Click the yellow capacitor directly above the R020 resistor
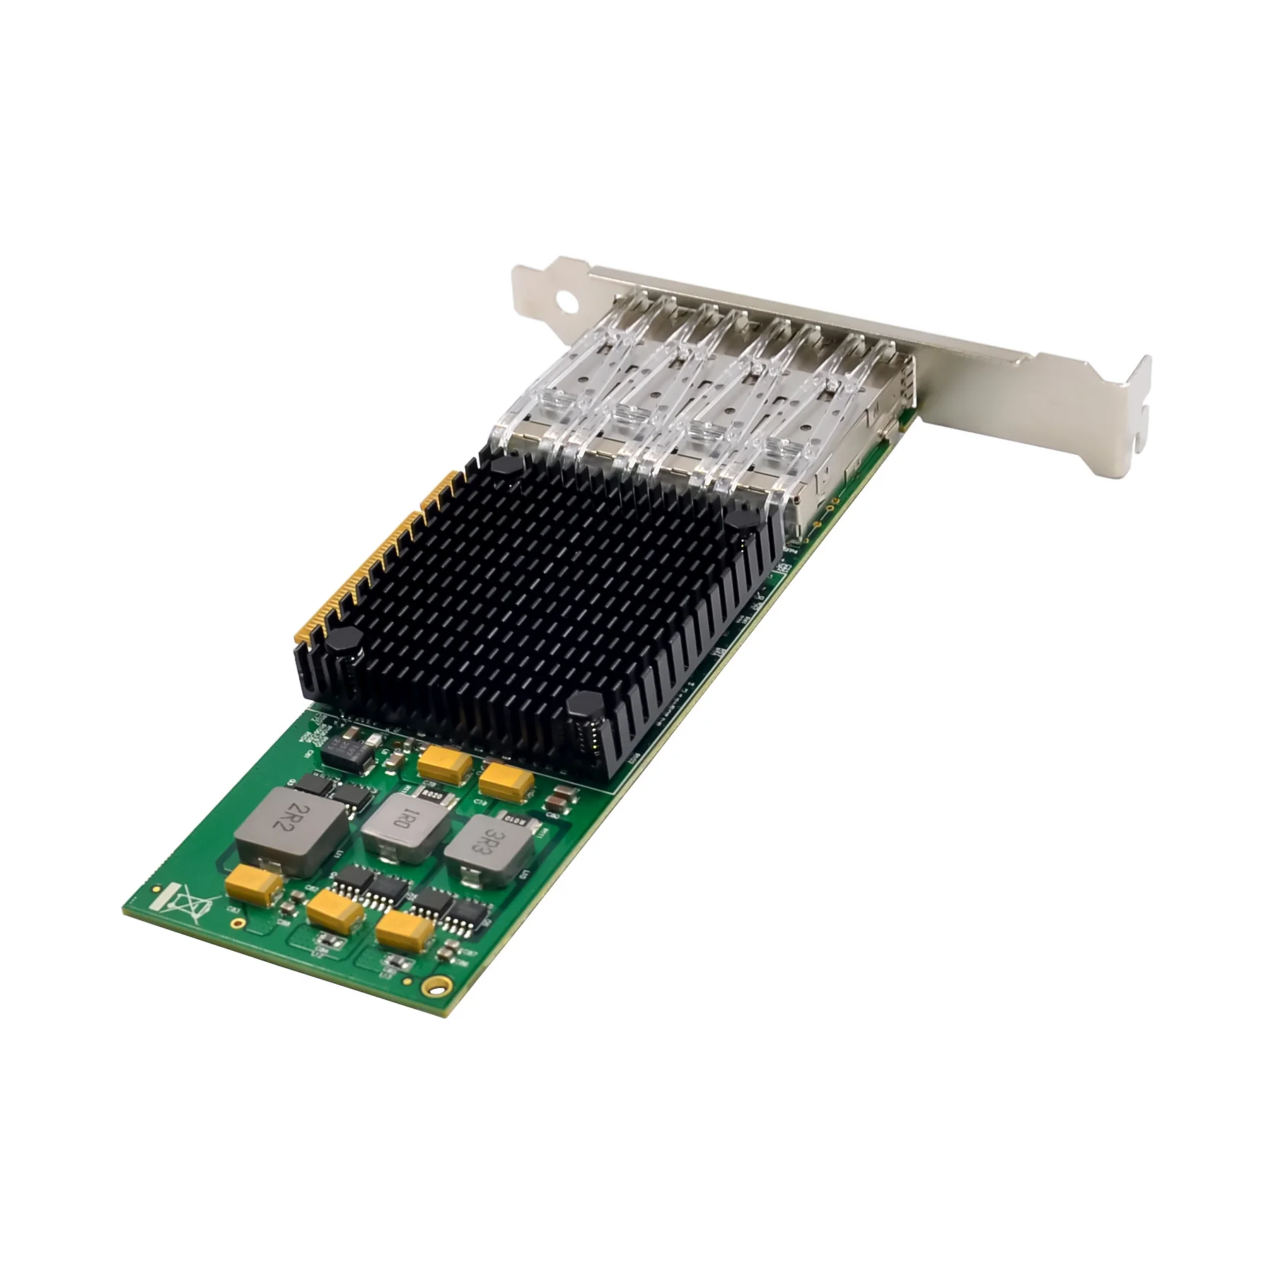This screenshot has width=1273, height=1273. pyautogui.click(x=443, y=765)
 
